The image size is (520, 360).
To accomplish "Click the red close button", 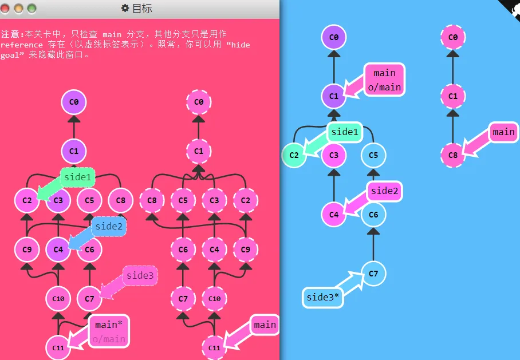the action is click(x=5, y=9).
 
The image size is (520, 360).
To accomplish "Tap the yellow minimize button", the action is click(x=18, y=9).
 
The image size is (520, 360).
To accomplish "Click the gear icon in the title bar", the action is click(x=125, y=8).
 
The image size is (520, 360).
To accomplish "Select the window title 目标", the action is click(x=142, y=8).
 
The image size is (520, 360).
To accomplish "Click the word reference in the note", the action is click(x=22, y=45).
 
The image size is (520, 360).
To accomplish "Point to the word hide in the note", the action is click(x=241, y=45).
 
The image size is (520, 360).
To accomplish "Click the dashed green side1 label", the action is click(x=78, y=177).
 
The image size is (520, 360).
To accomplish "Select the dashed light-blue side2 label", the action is click(x=109, y=227).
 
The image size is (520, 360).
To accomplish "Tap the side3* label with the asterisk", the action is click(x=322, y=298).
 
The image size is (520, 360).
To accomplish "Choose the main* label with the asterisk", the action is click(x=109, y=331).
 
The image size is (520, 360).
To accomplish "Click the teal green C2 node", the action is click(x=294, y=155).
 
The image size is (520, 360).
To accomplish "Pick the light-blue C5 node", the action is click(x=373, y=155).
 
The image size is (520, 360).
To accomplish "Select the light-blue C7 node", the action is click(x=373, y=274).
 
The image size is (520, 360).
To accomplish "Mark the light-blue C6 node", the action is click(x=373, y=215).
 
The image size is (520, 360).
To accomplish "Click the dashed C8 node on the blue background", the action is click(x=453, y=155).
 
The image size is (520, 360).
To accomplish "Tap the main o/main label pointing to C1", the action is click(x=385, y=80).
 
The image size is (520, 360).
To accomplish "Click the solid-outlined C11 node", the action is click(x=58, y=348).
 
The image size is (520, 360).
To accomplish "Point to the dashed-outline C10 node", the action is click(x=214, y=299).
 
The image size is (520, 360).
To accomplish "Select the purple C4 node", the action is click(x=58, y=250).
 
